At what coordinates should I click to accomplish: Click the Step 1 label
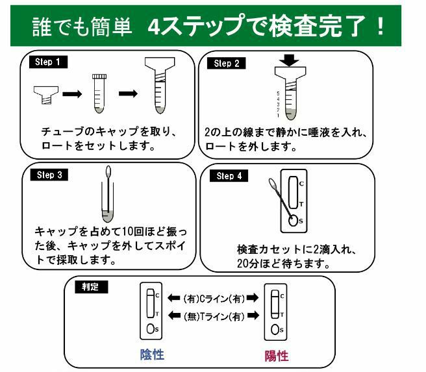click(x=48, y=62)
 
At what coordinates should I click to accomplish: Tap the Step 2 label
click(x=226, y=63)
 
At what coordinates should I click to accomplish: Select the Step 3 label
click(x=49, y=175)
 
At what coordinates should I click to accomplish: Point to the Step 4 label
click(x=229, y=176)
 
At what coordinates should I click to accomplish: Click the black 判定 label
click(x=92, y=287)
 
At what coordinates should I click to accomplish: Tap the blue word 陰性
click(x=152, y=354)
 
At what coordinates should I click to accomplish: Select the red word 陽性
click(x=277, y=356)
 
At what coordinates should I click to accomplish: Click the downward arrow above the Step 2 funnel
click(x=289, y=60)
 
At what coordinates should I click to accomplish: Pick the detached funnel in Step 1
click(x=46, y=95)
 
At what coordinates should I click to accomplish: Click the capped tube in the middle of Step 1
click(x=99, y=93)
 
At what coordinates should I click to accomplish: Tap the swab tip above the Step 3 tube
click(x=108, y=171)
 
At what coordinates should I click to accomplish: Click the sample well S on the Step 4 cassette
click(x=293, y=220)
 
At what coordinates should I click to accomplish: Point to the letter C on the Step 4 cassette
click(x=301, y=184)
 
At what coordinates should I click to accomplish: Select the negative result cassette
click(x=151, y=311)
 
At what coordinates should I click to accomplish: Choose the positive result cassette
click(x=275, y=312)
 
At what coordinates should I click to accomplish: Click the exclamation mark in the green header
click(x=381, y=26)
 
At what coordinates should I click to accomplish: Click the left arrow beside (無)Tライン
click(x=174, y=316)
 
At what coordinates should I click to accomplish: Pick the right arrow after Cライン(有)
click(x=253, y=298)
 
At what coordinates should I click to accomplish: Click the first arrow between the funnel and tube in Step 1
click(x=72, y=94)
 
